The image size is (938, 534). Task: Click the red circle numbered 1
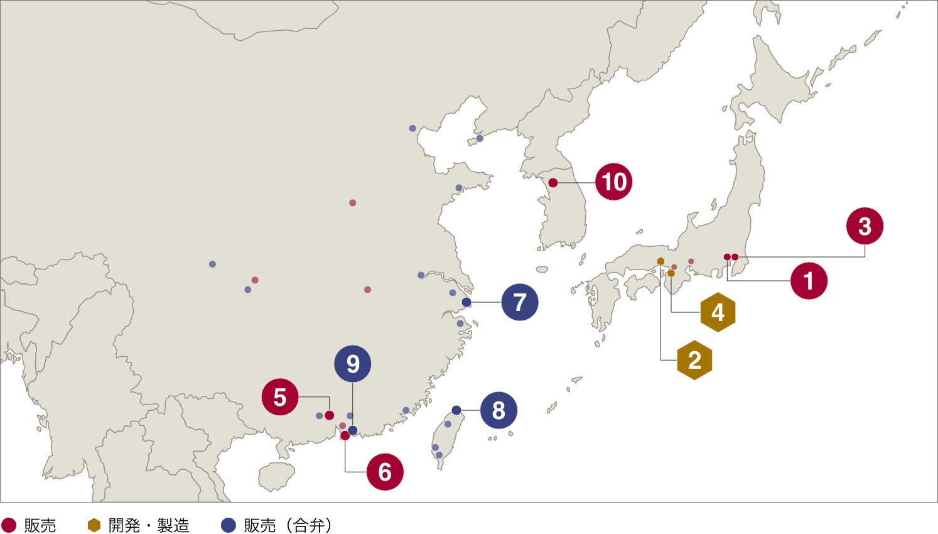(x=809, y=281)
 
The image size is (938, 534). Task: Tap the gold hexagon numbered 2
(x=694, y=360)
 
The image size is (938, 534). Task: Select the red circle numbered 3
(x=865, y=226)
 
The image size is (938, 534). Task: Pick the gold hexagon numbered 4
(x=718, y=312)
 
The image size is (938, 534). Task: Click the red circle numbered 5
(x=280, y=397)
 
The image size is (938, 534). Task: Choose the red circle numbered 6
(x=385, y=472)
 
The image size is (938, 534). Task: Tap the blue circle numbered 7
(x=520, y=302)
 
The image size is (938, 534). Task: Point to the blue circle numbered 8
(x=499, y=410)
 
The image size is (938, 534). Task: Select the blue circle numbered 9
(x=353, y=364)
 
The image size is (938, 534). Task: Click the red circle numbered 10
(x=614, y=182)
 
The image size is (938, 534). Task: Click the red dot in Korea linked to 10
(x=553, y=183)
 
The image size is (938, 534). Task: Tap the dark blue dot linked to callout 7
(x=466, y=302)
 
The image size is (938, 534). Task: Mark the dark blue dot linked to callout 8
(x=456, y=410)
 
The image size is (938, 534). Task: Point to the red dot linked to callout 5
(x=329, y=415)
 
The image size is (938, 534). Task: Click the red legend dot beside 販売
(x=9, y=525)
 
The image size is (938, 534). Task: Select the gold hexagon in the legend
(x=94, y=525)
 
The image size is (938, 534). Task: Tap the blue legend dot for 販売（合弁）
(x=229, y=525)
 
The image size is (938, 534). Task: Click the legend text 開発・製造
(x=149, y=525)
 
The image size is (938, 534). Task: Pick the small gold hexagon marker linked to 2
(x=660, y=261)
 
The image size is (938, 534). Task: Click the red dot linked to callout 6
(x=345, y=435)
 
